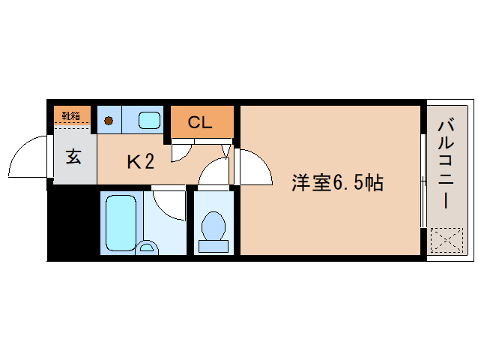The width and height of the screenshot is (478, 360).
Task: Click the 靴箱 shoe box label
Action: (x=71, y=115)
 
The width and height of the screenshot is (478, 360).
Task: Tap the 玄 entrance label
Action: (x=73, y=157)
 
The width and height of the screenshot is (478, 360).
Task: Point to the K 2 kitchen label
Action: (x=140, y=160)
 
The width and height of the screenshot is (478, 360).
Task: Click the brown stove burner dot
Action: (x=109, y=120)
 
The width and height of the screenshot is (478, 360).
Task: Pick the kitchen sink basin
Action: (x=150, y=120)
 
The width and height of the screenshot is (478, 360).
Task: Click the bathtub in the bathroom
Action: (x=121, y=222)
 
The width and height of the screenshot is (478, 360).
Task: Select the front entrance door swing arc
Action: (x=28, y=158)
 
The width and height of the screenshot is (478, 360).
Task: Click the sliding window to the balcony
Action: (x=423, y=180)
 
